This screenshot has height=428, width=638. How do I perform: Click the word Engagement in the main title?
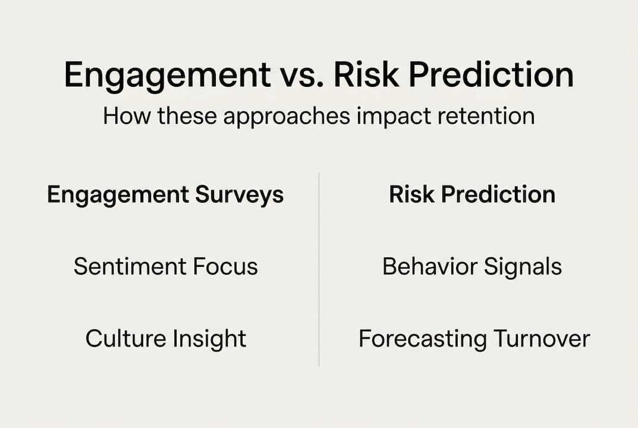coord(167,75)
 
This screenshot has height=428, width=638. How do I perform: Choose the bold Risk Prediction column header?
coord(472,195)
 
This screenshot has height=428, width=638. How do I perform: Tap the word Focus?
coord(230,267)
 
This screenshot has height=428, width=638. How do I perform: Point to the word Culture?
coord(126,339)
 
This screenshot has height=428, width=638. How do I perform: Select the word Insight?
coord(209,339)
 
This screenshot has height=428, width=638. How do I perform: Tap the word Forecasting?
coord(423,339)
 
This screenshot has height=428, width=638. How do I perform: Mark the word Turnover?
coord(542,339)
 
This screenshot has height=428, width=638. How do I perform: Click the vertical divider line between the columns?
coord(319,267)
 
